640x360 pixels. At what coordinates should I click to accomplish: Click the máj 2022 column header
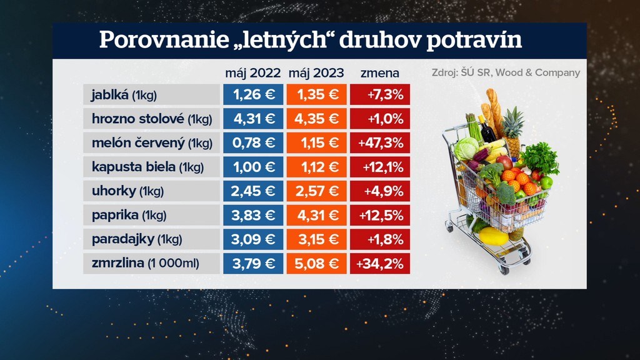(253, 72)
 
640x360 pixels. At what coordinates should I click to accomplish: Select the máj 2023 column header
(316, 72)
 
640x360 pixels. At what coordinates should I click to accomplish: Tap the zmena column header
(380, 72)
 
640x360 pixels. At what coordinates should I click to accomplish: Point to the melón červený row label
(151, 143)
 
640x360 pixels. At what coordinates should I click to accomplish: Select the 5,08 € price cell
(316, 263)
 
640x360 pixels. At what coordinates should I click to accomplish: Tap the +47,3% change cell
(380, 143)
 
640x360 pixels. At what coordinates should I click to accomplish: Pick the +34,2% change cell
(380, 263)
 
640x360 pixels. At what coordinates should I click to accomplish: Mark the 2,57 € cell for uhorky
(316, 191)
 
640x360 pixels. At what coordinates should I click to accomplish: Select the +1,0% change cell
(380, 119)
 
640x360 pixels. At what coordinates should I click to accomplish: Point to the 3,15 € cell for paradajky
(316, 239)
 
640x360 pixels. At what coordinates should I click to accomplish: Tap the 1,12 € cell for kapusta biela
(316, 167)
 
